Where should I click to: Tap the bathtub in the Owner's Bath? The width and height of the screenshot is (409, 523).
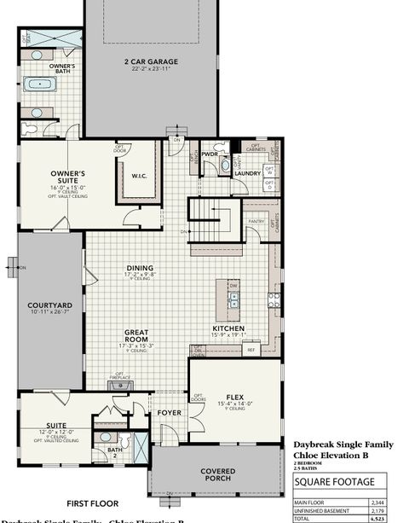39,84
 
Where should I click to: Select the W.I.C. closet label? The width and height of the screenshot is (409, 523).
139,177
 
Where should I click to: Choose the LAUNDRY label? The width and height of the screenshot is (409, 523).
247,172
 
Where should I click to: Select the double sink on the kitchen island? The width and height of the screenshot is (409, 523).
235,298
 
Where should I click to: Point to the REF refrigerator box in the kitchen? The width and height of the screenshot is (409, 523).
251,349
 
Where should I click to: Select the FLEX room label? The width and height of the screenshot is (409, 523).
235,397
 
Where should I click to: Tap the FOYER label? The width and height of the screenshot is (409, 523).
169,414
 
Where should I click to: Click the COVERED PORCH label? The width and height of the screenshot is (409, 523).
224,474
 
